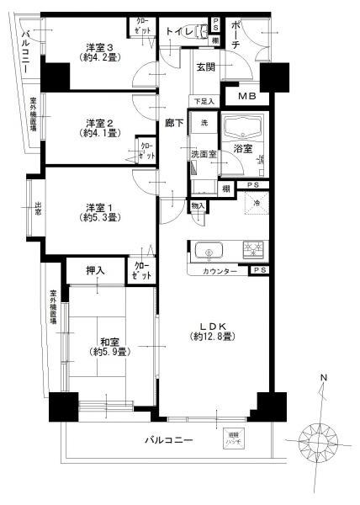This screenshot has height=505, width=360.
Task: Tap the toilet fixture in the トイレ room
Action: (x=202, y=33)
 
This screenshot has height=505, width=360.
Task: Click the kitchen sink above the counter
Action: (x=208, y=250)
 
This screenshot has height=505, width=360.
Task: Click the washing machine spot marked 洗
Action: (x=204, y=123)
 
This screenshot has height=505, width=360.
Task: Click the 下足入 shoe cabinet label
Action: (x=204, y=102)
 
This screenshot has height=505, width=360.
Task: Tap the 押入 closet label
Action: (x=97, y=270)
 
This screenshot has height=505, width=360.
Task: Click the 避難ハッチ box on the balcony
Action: (x=233, y=439)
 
